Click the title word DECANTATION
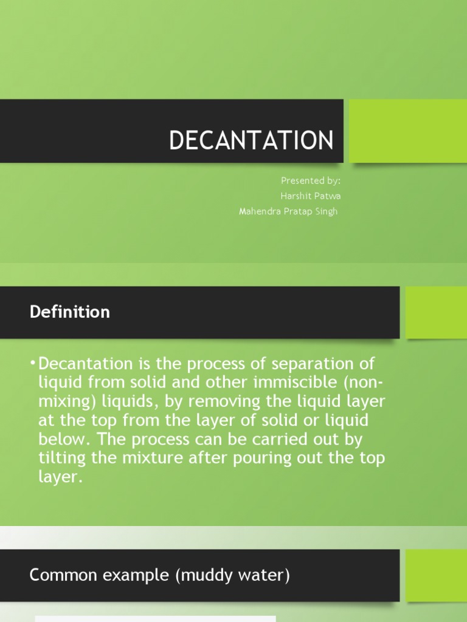(x=251, y=140)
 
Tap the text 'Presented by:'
(x=311, y=180)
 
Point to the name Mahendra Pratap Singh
(x=288, y=211)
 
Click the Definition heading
(x=70, y=312)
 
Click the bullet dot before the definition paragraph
(x=32, y=364)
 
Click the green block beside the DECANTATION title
(x=408, y=131)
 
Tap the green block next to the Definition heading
(x=436, y=312)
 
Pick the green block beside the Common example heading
(x=436, y=575)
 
